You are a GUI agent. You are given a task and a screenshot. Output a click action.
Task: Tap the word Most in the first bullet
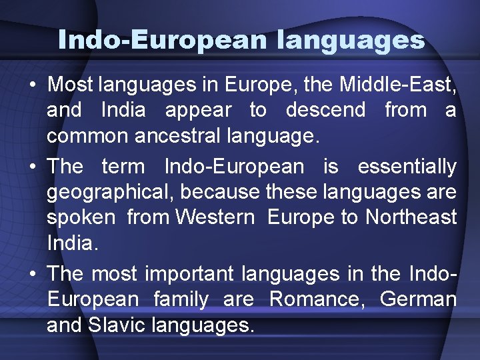71,85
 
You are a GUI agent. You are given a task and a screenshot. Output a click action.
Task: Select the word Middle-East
397,85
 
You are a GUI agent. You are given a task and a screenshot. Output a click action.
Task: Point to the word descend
325,109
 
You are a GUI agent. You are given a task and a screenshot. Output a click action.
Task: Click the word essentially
407,166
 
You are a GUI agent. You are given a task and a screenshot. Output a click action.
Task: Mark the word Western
215,217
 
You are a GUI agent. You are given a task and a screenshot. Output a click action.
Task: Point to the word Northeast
410,217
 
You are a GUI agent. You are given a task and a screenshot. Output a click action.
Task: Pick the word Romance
317,299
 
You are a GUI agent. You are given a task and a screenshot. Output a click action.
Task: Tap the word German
418,299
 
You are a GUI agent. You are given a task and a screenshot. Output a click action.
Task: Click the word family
181,300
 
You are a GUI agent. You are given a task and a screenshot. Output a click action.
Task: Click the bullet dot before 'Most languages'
32,85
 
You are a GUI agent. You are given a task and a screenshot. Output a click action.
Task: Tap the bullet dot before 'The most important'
32,274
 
